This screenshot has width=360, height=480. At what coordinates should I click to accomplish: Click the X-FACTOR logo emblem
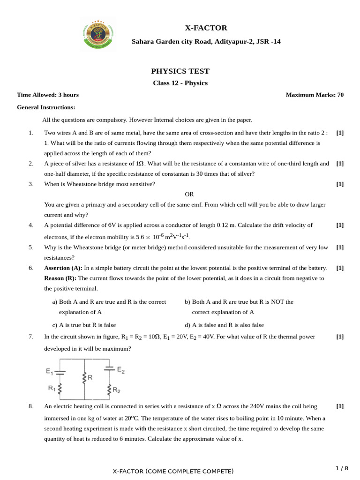pos(98,34)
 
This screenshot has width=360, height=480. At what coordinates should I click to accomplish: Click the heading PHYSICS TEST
pos(180,71)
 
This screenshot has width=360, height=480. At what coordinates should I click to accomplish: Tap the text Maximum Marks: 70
pos(315,95)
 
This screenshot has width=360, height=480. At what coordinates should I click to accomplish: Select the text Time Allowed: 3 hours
pos(48,95)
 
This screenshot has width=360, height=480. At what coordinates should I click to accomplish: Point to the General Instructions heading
pos(46,107)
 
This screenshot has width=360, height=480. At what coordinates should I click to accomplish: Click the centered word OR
pos(189,194)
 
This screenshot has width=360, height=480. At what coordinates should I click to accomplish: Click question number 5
pos(31,247)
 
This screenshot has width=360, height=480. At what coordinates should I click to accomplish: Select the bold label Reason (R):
pos(60,278)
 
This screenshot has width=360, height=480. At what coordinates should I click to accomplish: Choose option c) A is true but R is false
pos(84,325)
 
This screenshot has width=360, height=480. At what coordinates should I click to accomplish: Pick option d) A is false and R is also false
pos(224,325)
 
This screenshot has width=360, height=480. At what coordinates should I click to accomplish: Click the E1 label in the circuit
pos(49,371)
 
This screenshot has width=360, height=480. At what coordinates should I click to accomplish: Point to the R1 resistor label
pos(51,388)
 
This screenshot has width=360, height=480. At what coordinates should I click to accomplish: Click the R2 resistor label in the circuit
pos(117,390)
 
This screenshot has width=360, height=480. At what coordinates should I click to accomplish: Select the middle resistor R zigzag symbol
pos(84,378)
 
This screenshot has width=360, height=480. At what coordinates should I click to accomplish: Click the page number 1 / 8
pos(342,468)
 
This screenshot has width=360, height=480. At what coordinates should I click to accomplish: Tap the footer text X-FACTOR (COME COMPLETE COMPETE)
pos(173,471)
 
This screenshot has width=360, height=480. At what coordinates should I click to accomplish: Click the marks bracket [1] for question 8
pos(340,406)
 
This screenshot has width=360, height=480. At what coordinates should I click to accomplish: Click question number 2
pos(31,164)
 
